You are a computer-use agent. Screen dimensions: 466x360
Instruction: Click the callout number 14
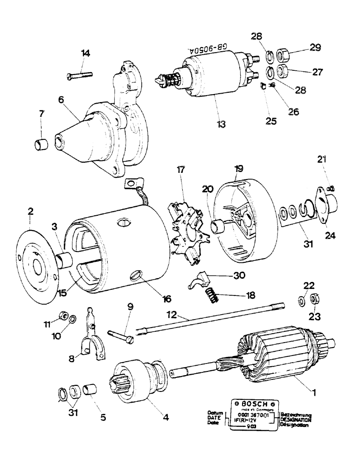tap(84, 53)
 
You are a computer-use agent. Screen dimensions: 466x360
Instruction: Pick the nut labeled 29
tap(283, 55)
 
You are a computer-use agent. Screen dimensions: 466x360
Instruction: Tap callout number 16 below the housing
tap(154, 298)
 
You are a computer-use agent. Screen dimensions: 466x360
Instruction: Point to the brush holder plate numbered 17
tap(189, 233)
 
